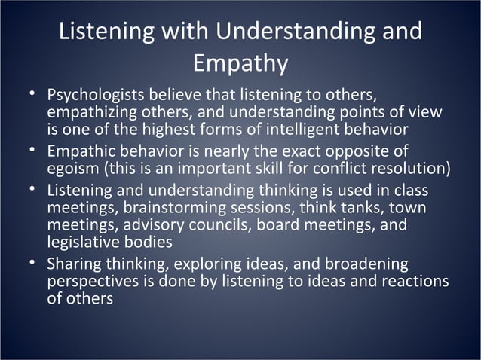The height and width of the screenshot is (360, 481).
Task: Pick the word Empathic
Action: [x=80, y=151]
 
